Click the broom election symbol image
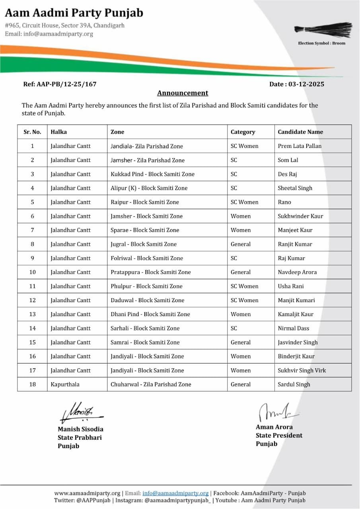tap(323, 30)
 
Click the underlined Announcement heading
tap(183, 93)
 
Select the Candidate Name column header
tap(300, 132)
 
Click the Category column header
tap(243, 132)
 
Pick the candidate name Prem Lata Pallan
tap(300, 146)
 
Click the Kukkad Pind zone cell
tap(152, 174)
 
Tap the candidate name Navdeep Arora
tap(298, 272)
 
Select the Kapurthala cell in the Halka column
tap(65, 384)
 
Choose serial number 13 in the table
tap(33, 314)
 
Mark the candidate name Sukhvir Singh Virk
tap(302, 370)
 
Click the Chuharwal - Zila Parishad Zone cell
tap(151, 384)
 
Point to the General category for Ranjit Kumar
tap(241, 244)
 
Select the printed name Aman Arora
tap(274, 427)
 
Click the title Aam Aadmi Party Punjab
tap(74, 13)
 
